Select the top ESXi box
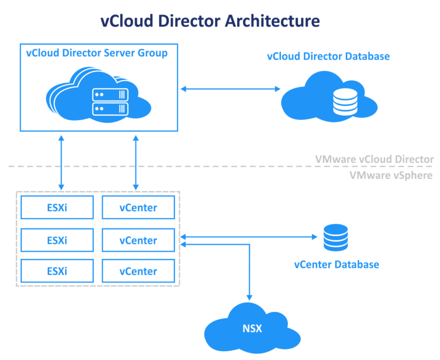click(x=57, y=208)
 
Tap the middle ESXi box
click(x=57, y=240)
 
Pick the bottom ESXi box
click(x=57, y=271)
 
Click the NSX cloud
click(x=252, y=327)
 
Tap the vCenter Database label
click(x=336, y=265)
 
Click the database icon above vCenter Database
click(x=335, y=237)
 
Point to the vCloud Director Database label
click(x=328, y=56)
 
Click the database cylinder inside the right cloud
click(x=345, y=102)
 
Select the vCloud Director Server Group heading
click(x=97, y=53)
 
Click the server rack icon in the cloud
click(x=109, y=102)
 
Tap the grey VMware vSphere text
click(x=391, y=176)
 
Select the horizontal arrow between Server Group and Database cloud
click(x=230, y=89)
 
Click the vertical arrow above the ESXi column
click(x=62, y=162)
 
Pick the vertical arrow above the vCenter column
click(x=136, y=162)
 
